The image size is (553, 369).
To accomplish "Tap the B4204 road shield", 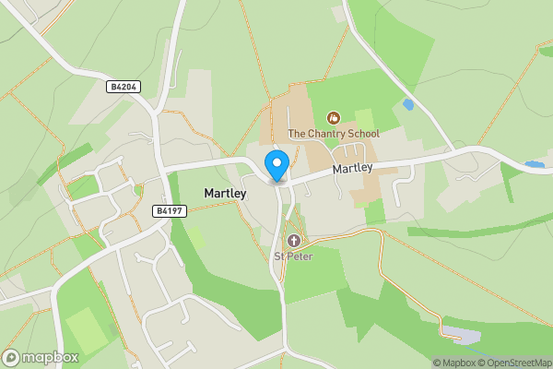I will point(123,87).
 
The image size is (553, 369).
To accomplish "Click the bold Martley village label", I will point(225,194).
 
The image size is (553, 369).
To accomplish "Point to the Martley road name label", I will point(352,169).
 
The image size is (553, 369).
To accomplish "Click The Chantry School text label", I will point(334,134).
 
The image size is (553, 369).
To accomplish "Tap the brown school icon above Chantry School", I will point(334,118).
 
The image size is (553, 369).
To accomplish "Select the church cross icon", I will point(294,241).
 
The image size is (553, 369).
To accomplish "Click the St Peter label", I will point(293,256).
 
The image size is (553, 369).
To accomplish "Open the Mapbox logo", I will point(41,357).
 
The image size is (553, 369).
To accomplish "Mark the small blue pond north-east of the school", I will point(407,105).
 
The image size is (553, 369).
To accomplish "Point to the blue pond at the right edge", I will point(535,165).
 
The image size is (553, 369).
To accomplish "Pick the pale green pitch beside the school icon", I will point(365,121).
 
